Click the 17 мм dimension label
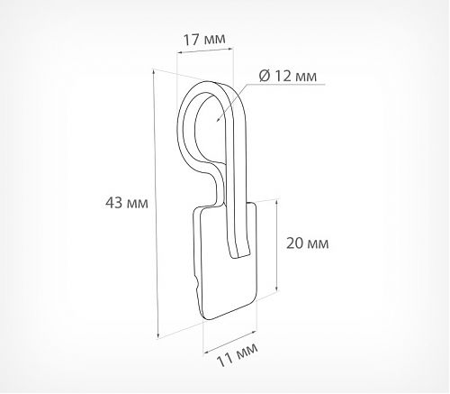tap(204, 40)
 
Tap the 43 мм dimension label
tap(127, 203)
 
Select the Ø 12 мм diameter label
tap(288, 76)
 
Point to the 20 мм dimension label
tap(307, 243)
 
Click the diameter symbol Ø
tap(265, 76)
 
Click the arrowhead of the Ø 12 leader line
tap(219, 119)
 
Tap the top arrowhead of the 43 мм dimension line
tap(154, 72)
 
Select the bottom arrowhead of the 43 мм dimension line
tap(157, 335)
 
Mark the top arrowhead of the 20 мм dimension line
tap(276, 202)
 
